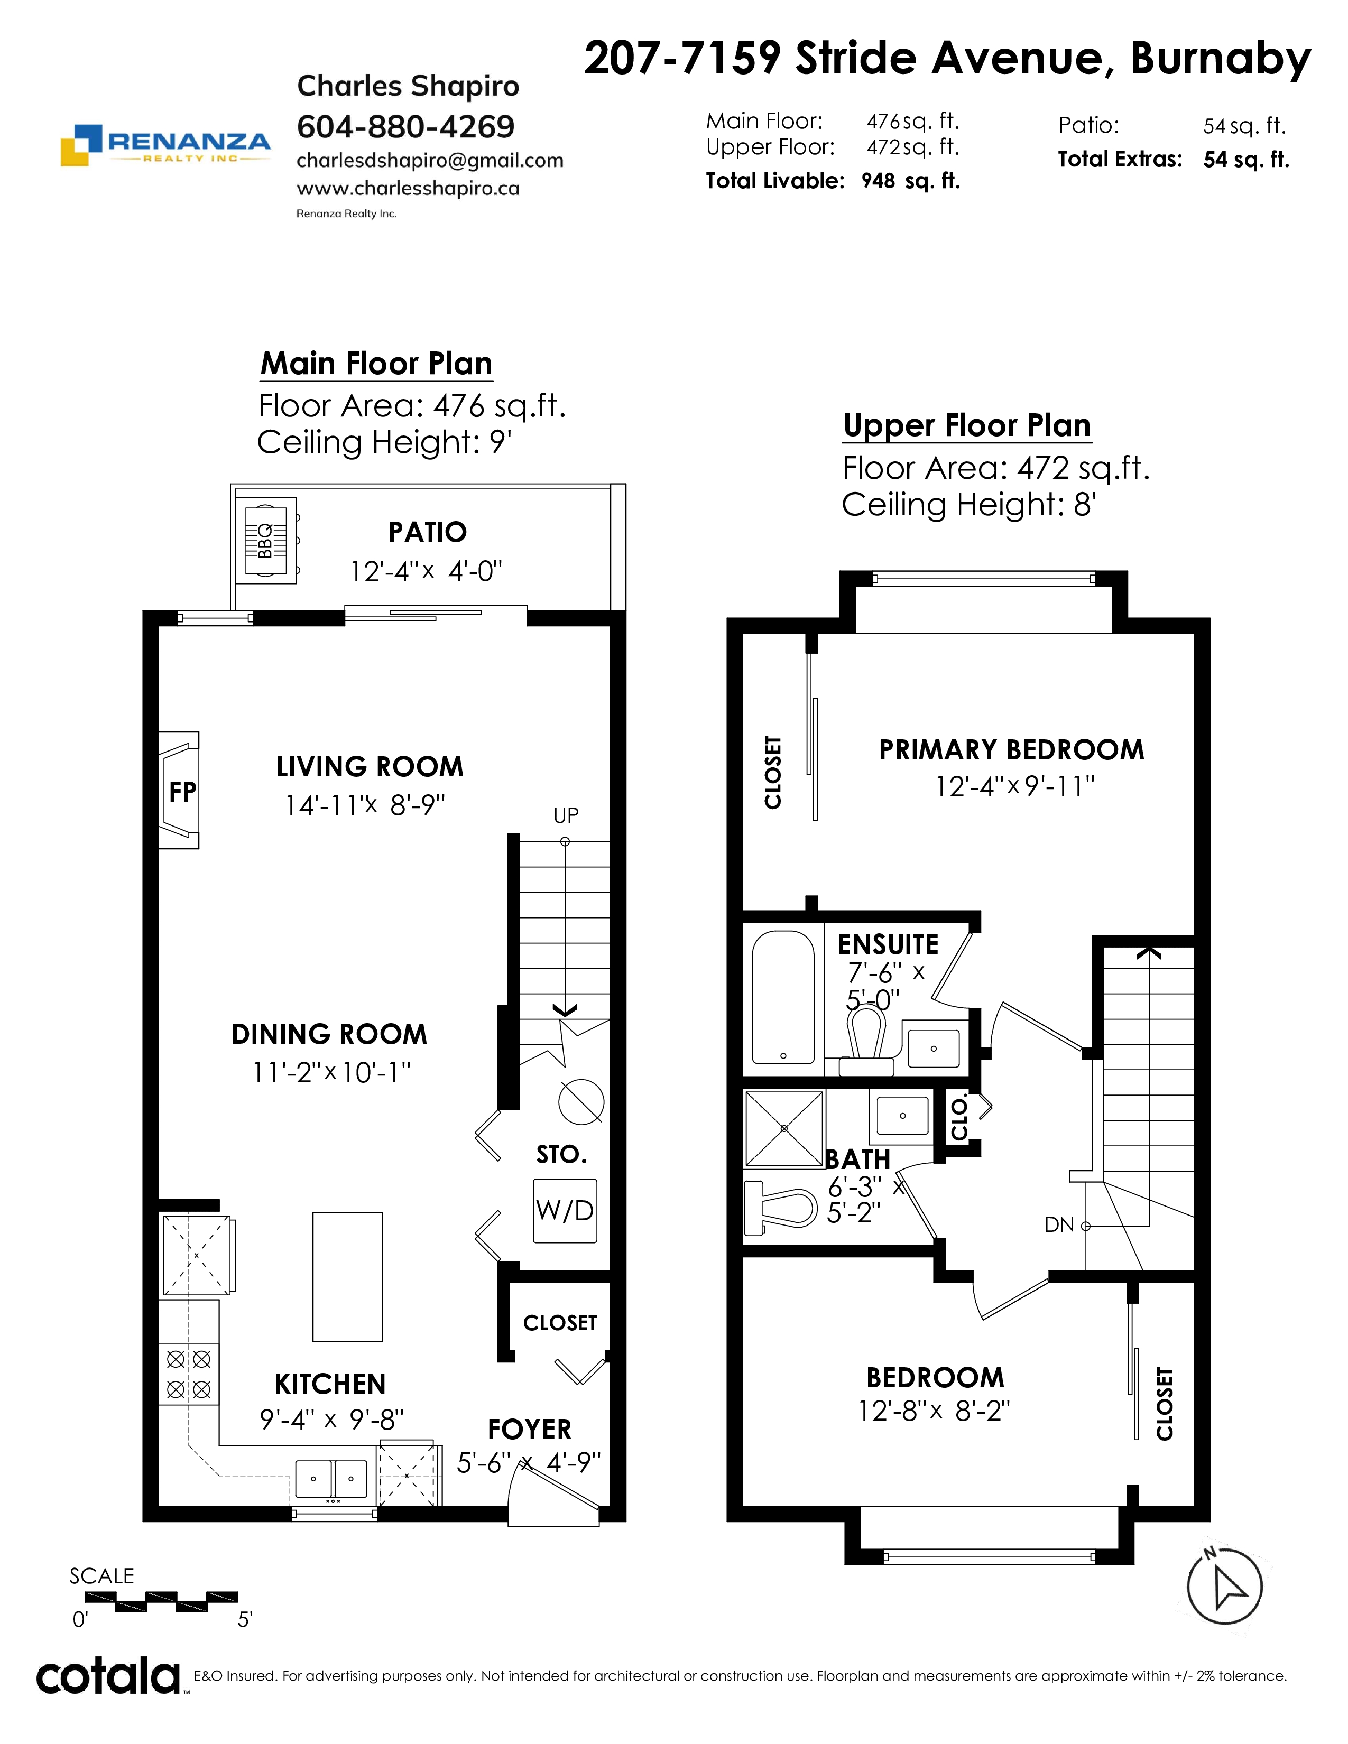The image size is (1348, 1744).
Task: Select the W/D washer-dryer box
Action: pyautogui.click(x=565, y=1211)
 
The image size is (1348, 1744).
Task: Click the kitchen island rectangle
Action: pyautogui.click(x=347, y=1276)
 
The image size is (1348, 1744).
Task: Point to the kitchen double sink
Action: pyautogui.click(x=331, y=1479)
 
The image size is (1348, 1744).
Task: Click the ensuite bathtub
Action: pyautogui.click(x=783, y=997)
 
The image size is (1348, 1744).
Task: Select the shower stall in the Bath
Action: pyautogui.click(x=784, y=1128)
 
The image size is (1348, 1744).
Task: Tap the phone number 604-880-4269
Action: pyautogui.click(x=405, y=126)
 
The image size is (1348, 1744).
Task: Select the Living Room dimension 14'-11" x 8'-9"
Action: pyautogui.click(x=365, y=805)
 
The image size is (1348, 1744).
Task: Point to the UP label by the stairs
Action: pyautogui.click(x=566, y=815)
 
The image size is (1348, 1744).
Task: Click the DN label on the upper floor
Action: pyautogui.click(x=1059, y=1225)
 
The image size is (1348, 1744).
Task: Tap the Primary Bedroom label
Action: pyautogui.click(x=1012, y=750)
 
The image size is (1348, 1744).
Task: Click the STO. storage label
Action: pyautogui.click(x=561, y=1155)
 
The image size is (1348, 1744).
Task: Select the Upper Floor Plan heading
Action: pyautogui.click(x=967, y=425)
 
